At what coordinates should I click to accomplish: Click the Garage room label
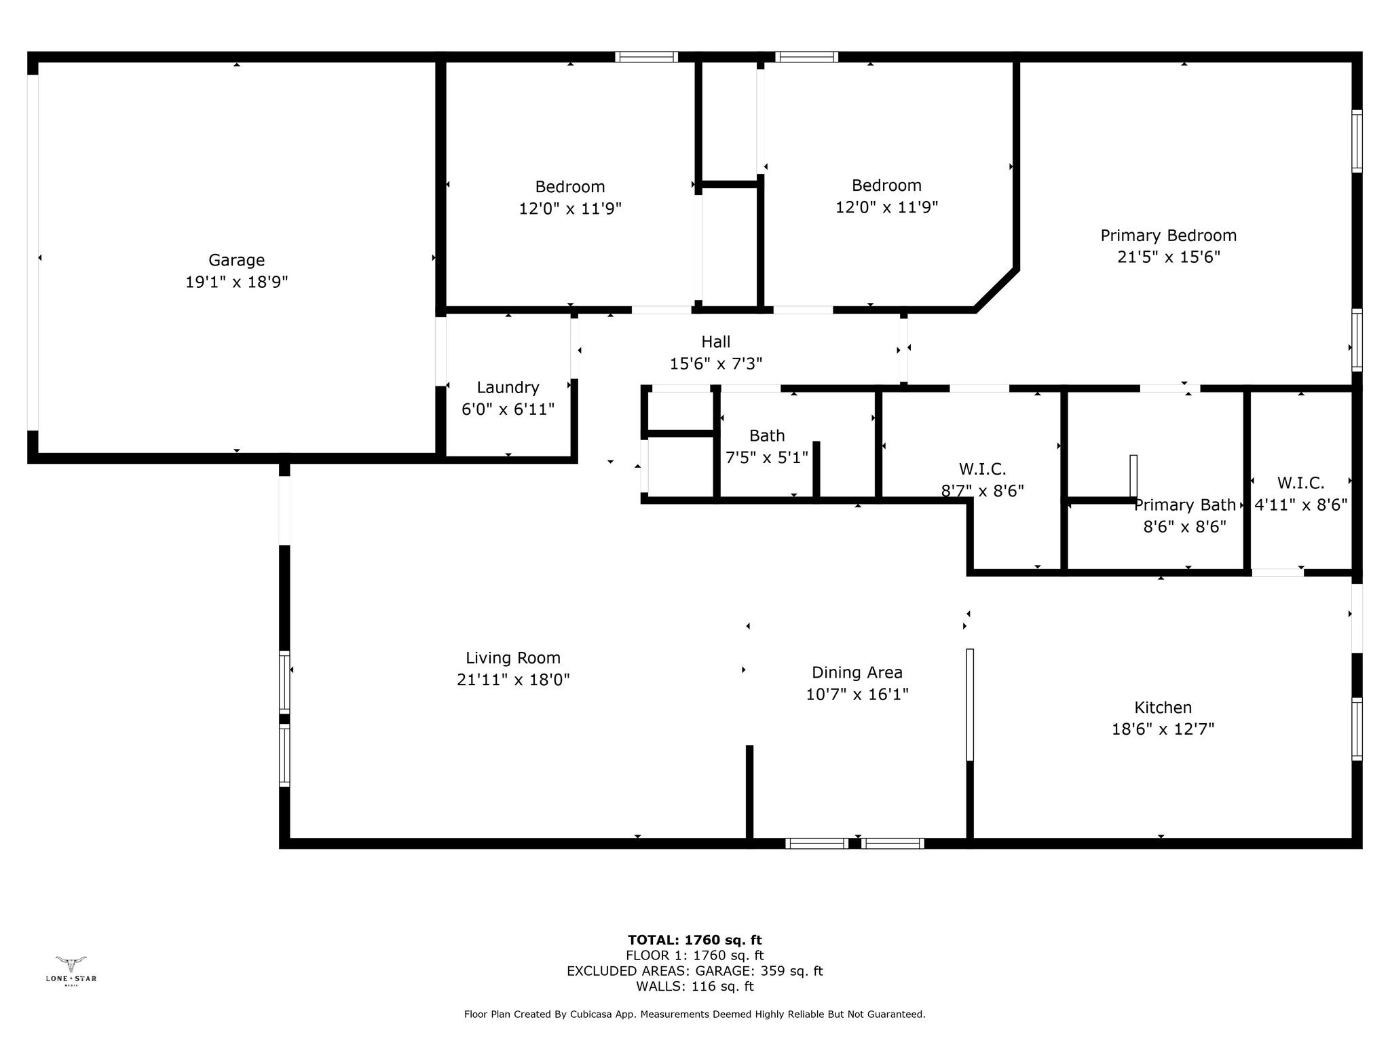pyautogui.click(x=236, y=260)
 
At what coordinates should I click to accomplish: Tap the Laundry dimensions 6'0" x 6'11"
pyautogui.click(x=508, y=409)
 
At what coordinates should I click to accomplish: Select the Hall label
pyautogui.click(x=715, y=342)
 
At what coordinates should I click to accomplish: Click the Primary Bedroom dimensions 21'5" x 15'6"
pyautogui.click(x=1168, y=257)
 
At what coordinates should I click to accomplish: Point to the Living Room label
pyautogui.click(x=512, y=658)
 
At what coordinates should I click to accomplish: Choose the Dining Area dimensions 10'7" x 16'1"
pyautogui.click(x=857, y=695)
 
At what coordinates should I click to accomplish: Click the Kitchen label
pyautogui.click(x=1163, y=708)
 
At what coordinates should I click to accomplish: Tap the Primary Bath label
pyautogui.click(x=1184, y=505)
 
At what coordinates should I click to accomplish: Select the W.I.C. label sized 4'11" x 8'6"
pyautogui.click(x=1300, y=483)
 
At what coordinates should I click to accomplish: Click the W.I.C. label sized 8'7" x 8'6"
pyautogui.click(x=982, y=469)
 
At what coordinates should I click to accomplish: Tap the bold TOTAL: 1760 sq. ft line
pyautogui.click(x=694, y=940)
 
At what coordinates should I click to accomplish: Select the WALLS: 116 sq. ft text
pyautogui.click(x=694, y=987)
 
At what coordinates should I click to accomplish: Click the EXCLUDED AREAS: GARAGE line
pyautogui.click(x=694, y=971)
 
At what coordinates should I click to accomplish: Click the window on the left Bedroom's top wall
pyautogui.click(x=646, y=57)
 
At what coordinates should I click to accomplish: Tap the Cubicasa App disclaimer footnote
pyautogui.click(x=694, y=1014)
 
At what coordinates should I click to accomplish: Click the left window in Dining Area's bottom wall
pyautogui.click(x=816, y=843)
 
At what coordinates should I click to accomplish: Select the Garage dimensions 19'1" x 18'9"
pyautogui.click(x=236, y=282)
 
